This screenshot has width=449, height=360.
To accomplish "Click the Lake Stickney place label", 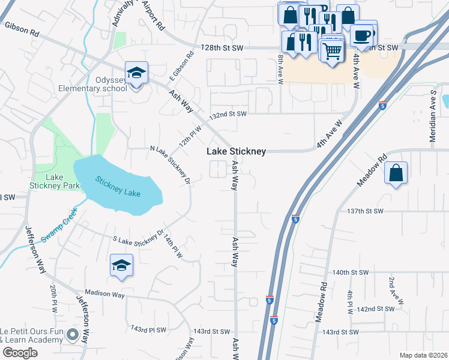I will pyautogui.click(x=237, y=152).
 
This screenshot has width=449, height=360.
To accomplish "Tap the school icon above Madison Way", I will pyautogui.click(x=121, y=266).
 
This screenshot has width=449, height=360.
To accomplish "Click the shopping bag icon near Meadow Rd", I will pyautogui.click(x=396, y=173).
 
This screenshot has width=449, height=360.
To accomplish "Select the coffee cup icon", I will pyautogui.click(x=362, y=35).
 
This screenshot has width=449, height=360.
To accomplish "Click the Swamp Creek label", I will pyautogui.click(x=60, y=226).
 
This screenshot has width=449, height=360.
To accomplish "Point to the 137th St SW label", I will pyautogui.click(x=366, y=211).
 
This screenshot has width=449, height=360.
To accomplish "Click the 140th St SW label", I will pyautogui.click(x=350, y=272).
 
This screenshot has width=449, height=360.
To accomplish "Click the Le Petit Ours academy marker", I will pyautogui.click(x=73, y=335).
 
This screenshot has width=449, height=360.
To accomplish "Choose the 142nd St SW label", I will pyautogui.click(x=375, y=308).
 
